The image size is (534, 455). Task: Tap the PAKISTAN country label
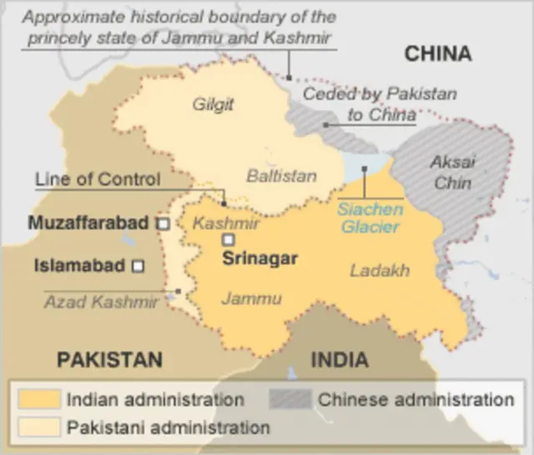(x=109, y=360)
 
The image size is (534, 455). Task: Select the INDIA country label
(x=340, y=360)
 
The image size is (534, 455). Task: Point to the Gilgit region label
(x=213, y=105)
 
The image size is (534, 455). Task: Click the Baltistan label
(x=281, y=176)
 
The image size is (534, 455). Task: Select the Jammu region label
(x=250, y=298)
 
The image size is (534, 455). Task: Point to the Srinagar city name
(x=259, y=258)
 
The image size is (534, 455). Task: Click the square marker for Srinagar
(x=227, y=240)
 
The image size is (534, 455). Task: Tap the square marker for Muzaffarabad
(x=164, y=223)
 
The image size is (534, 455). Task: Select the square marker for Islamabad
(x=139, y=267)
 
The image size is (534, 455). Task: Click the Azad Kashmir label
(x=101, y=302)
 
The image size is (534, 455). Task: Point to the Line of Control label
(x=98, y=179)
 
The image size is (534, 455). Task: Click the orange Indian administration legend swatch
(x=38, y=399)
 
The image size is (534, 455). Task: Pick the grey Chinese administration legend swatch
(x=290, y=399)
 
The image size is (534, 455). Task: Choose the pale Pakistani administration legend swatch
(x=38, y=427)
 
